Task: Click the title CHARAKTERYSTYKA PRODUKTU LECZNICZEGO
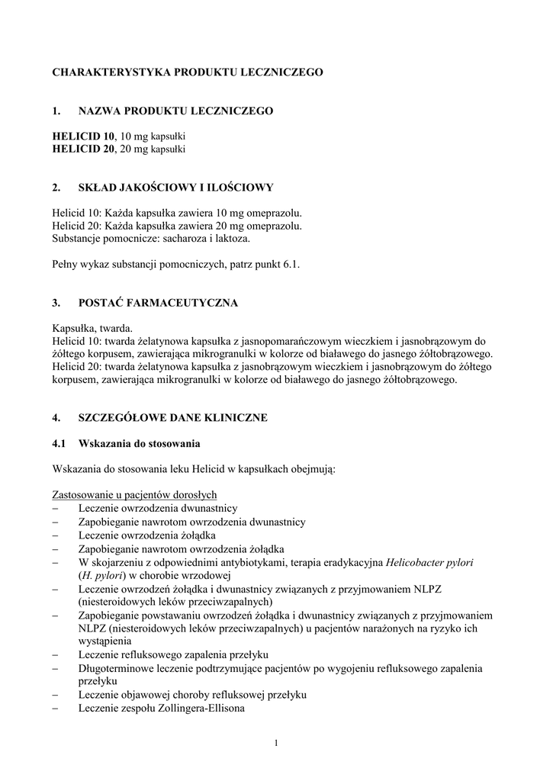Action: pos(188,72)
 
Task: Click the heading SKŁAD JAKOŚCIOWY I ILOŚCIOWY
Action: pos(175,188)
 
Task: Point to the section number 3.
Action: pos(56,303)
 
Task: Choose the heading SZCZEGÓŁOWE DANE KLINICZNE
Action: pos(173,418)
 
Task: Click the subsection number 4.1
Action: pos(59,443)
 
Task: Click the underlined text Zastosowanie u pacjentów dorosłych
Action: pos(135,494)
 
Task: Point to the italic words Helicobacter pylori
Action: pos(429,563)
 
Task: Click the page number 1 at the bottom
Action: pos(276,744)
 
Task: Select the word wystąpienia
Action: pos(104,641)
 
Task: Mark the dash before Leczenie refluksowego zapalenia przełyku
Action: pos(56,655)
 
